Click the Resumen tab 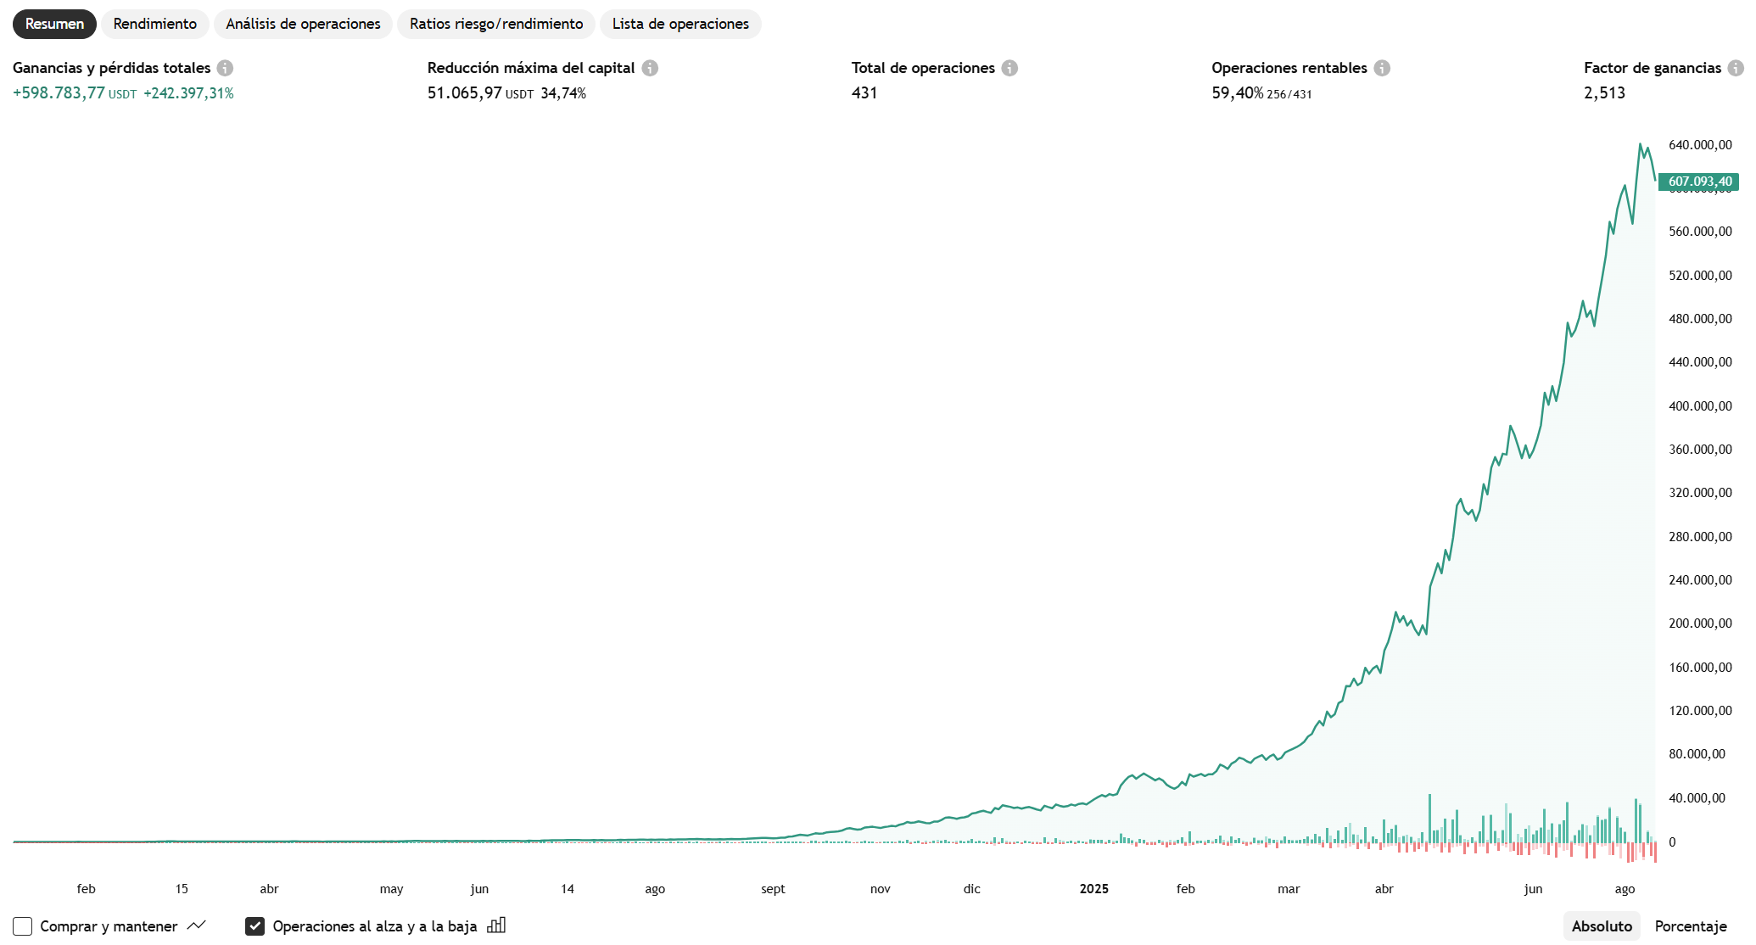tap(54, 24)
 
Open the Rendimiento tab tap(155, 24)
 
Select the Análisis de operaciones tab tap(303, 24)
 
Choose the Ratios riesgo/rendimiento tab tap(496, 24)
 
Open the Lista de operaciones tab tap(680, 24)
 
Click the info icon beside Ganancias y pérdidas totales tap(225, 68)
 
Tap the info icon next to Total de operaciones tap(1009, 68)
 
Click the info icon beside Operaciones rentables tap(1382, 68)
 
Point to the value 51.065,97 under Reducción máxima tap(464, 93)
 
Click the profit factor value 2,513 tap(1604, 93)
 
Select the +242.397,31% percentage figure tap(188, 93)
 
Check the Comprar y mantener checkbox tap(23, 926)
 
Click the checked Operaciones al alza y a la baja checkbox tap(254, 926)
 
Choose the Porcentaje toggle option tap(1691, 926)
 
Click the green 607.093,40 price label tap(1699, 182)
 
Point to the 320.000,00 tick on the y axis tap(1700, 493)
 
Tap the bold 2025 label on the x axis tap(1093, 889)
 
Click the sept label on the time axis tap(773, 889)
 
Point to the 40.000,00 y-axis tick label tap(1697, 798)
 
